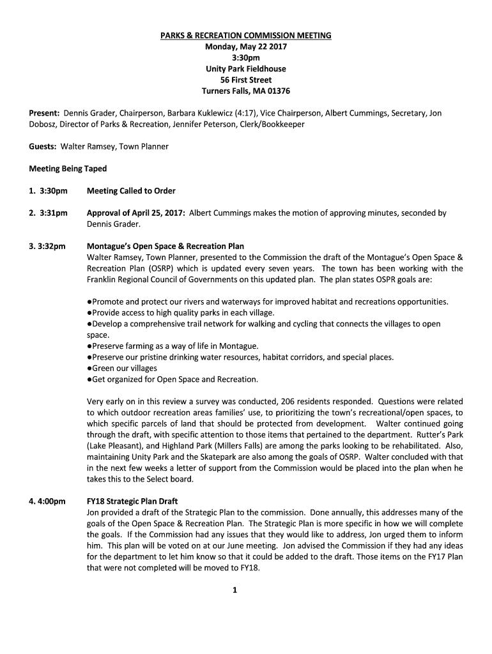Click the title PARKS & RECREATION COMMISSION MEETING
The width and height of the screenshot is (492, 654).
click(x=246, y=36)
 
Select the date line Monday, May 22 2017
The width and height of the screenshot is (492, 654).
click(x=246, y=47)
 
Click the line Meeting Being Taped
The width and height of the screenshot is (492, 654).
click(x=68, y=169)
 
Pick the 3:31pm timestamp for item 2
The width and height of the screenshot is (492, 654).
click(x=53, y=213)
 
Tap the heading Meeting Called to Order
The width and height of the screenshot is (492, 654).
click(x=131, y=191)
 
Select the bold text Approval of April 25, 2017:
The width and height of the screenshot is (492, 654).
click(x=135, y=213)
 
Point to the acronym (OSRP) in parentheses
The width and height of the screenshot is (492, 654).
click(x=148, y=268)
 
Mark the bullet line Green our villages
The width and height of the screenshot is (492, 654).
click(x=123, y=368)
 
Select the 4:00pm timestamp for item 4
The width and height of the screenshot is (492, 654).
click(x=52, y=501)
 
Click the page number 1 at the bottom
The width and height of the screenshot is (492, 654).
click(x=235, y=590)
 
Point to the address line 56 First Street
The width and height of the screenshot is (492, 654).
click(x=246, y=80)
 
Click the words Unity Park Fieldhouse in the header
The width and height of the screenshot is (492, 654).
click(x=246, y=69)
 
